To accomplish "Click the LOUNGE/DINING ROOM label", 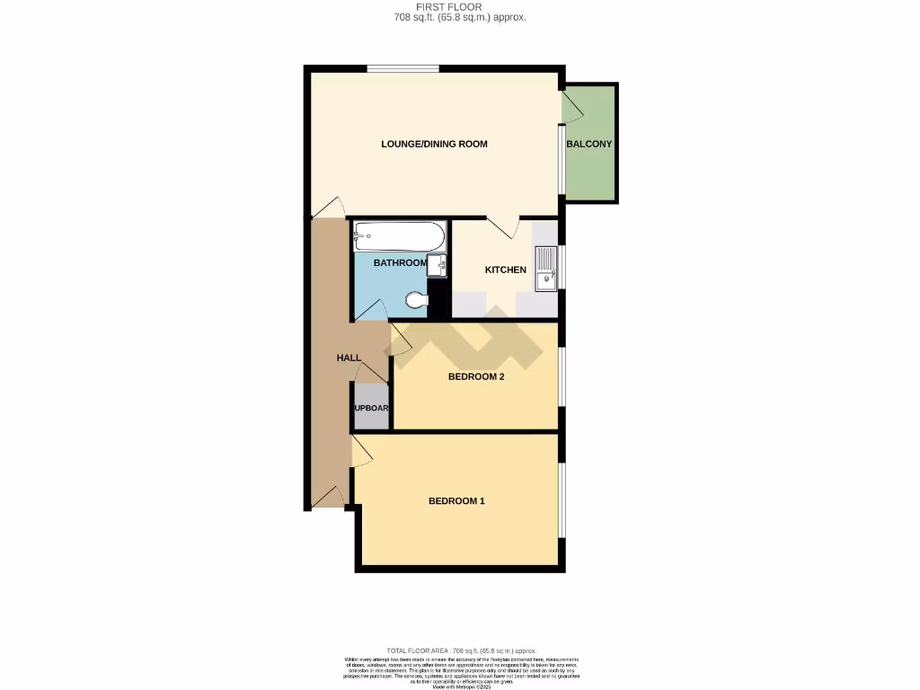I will coord(434,144).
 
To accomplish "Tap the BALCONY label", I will coord(588,144).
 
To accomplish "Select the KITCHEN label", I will coord(506,270).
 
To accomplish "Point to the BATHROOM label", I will coord(400,262).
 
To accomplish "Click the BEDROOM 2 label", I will coord(476,376).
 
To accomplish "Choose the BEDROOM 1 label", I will coord(456,500).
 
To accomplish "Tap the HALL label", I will coord(349,358).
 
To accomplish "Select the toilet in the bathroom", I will coord(416,299).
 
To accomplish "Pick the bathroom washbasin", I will coord(437,265).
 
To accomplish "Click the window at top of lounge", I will coord(402,68).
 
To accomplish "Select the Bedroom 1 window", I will coord(562,499).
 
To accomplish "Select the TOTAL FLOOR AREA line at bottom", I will coord(460,650).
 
